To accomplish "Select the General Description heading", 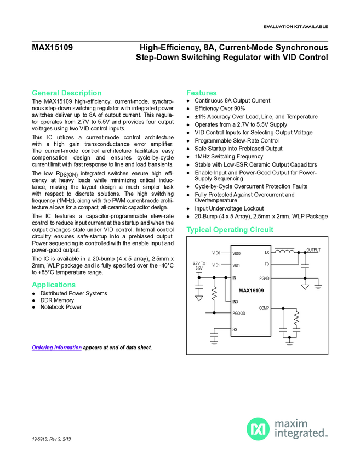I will click(66, 93).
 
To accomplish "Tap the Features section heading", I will click(201, 93).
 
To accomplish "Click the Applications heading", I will click(54, 285).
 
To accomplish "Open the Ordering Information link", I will click(56, 348).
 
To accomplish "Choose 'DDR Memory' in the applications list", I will click(57, 300).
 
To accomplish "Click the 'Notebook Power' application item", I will click(61, 307).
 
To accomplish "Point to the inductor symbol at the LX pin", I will click(284, 252).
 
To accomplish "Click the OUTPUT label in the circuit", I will click(313, 250).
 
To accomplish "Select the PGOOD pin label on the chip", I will click(239, 313).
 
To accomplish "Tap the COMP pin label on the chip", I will click(264, 308).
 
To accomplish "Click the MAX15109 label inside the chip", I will click(251, 290).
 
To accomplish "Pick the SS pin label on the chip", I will click(235, 329).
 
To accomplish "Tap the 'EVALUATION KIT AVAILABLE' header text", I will click(296, 27).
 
